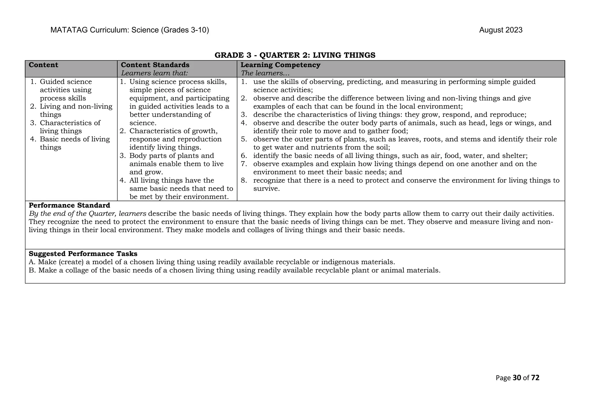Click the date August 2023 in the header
click(x=500, y=30)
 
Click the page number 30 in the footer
click(x=517, y=378)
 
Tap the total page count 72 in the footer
click(x=535, y=378)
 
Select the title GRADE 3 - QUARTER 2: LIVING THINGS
click(x=295, y=55)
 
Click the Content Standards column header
click(x=155, y=65)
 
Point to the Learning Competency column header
click(x=280, y=65)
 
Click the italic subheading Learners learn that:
click(x=154, y=73)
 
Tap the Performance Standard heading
click(x=69, y=205)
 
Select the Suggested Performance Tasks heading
click(x=83, y=254)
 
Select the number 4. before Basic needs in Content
click(x=33, y=139)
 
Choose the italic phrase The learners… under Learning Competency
click(x=265, y=73)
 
